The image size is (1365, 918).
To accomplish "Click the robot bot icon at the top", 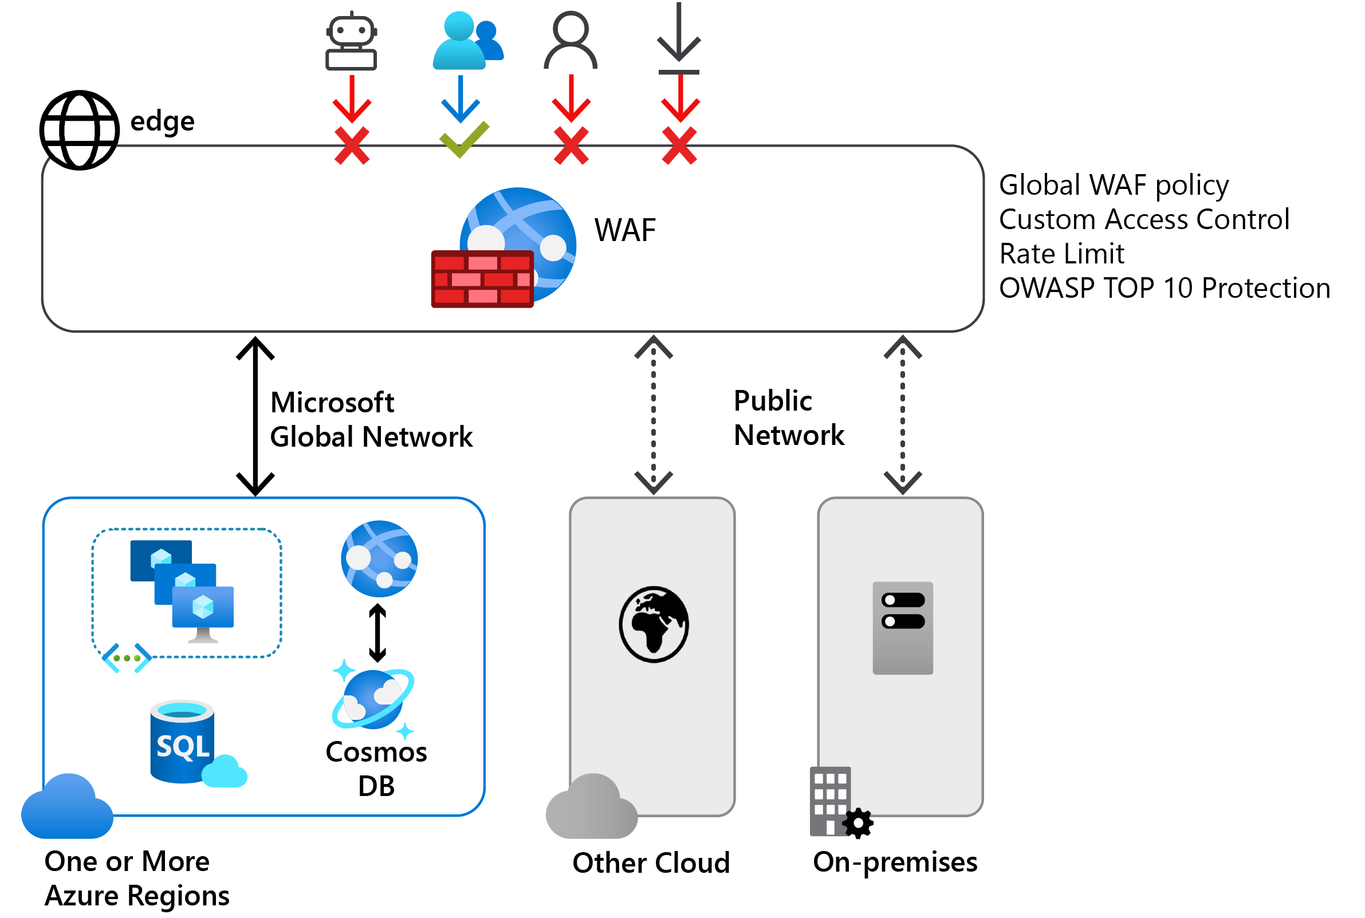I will point(351,41).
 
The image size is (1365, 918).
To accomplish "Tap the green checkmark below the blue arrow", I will point(463,139).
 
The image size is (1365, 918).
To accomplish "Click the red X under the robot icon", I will point(351,146).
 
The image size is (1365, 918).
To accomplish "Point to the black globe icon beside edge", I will point(80,130).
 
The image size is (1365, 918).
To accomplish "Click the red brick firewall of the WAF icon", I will point(482,279).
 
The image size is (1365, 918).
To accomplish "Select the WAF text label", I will point(624,230).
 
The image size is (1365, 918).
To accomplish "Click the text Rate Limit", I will point(1060,254).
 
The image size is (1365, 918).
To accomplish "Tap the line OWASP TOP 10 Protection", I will point(1163,289).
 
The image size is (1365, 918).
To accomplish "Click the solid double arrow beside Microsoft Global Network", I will point(255,416).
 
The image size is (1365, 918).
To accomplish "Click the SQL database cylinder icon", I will point(183,742).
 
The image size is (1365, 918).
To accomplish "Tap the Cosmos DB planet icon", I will point(373,699).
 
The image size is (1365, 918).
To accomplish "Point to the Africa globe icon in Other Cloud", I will point(654,624).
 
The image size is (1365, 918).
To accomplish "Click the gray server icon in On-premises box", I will point(902,628).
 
